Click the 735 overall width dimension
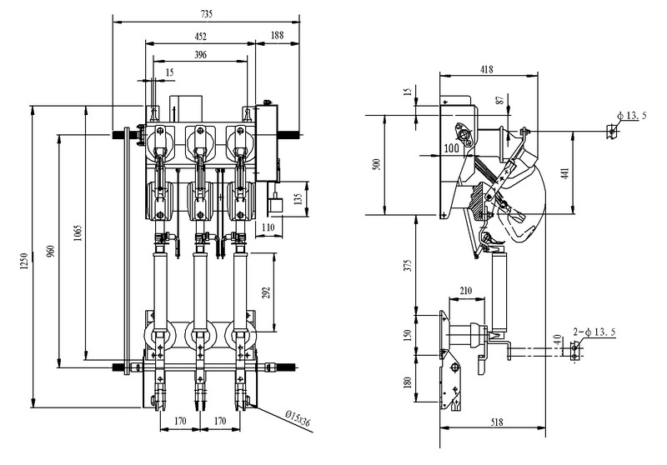[206, 13]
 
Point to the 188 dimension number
[276, 35]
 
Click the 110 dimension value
[268, 227]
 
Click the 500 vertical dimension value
[376, 163]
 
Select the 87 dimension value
[499, 101]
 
